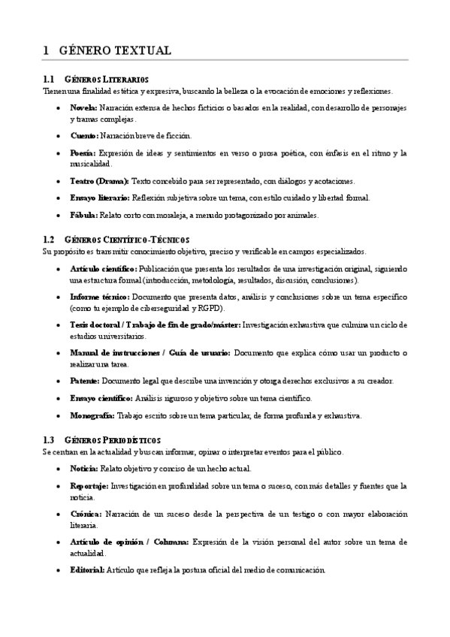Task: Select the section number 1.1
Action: click(x=49, y=79)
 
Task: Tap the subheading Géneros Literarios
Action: click(x=107, y=79)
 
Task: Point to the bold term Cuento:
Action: click(x=83, y=135)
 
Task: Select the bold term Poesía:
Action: click(x=83, y=152)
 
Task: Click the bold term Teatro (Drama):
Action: click(x=99, y=181)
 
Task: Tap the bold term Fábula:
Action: click(x=83, y=215)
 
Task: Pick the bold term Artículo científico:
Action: click(x=104, y=268)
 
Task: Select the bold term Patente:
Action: click(x=84, y=381)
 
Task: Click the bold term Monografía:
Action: click(x=92, y=415)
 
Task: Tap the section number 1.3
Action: click(x=49, y=439)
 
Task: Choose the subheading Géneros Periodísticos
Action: click(x=113, y=439)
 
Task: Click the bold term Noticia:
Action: click(x=84, y=468)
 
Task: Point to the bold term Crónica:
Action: click(x=86, y=514)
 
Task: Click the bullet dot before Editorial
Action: click(x=59, y=570)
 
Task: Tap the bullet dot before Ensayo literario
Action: click(x=59, y=198)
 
